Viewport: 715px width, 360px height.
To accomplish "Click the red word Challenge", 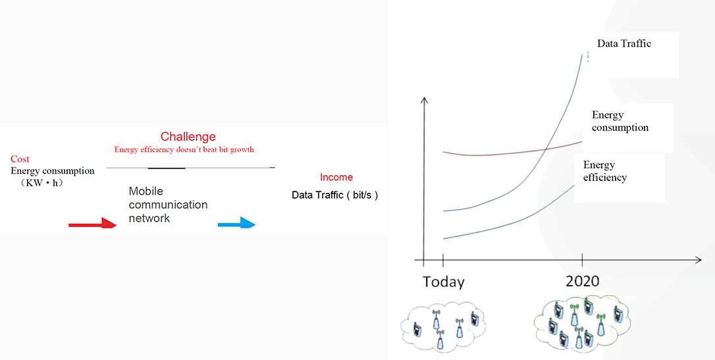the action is [188, 137].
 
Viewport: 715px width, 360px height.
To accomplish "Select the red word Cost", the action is [20, 159].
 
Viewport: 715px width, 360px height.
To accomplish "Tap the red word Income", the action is [336, 177].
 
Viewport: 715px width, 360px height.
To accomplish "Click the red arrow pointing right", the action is [93, 223].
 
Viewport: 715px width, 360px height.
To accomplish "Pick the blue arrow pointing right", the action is [236, 223].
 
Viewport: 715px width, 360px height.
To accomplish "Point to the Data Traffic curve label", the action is [623, 43].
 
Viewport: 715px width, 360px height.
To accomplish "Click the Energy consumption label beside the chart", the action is [620, 121].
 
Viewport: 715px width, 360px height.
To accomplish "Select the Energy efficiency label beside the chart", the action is [605, 171].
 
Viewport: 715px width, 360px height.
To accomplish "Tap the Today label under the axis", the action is [443, 282].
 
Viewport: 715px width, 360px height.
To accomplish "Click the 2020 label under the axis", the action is [582, 281].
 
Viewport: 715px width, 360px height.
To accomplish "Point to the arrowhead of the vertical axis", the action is [424, 100].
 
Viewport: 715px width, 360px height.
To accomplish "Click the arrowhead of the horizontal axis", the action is [698, 260].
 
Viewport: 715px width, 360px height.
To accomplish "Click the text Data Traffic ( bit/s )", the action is [334, 195].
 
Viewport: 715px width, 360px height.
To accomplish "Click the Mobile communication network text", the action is [168, 205].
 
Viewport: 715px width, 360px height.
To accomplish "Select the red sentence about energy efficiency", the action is [184, 149].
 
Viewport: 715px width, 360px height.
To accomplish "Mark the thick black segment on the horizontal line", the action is [167, 168].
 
